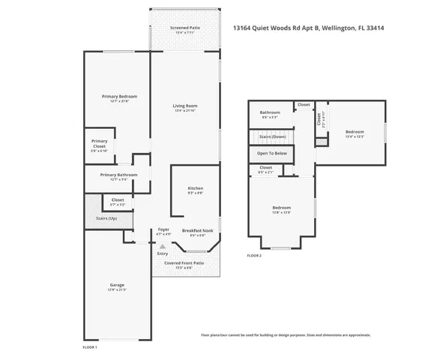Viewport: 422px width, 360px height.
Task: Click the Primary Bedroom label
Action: click(120, 97)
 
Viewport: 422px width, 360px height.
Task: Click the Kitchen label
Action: click(195, 188)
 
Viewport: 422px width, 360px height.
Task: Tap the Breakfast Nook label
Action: click(197, 230)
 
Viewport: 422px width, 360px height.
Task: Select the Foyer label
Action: click(163, 230)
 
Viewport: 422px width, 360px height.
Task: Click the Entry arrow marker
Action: click(163, 245)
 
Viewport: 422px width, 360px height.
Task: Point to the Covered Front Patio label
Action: click(184, 263)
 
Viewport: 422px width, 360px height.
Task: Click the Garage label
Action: click(116, 285)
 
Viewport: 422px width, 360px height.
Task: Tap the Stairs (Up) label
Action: click(106, 218)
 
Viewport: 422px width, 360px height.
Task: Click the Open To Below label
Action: click(271, 153)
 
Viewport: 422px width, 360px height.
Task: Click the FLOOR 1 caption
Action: click(89, 347)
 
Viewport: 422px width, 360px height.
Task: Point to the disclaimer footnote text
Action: click(285, 334)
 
